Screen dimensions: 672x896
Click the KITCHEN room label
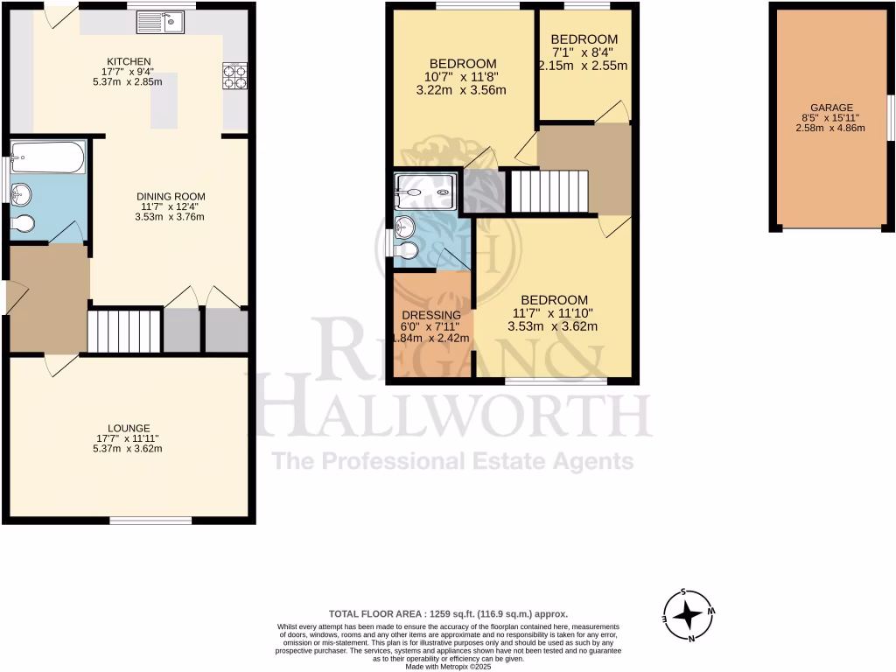tap(123, 61)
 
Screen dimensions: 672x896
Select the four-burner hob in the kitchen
tap(234, 76)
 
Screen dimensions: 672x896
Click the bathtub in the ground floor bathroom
tap(48, 158)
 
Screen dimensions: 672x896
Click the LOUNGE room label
tap(123, 428)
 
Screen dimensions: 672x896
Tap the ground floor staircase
tap(124, 331)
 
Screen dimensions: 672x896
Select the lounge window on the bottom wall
tap(150, 521)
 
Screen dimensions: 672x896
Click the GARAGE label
tap(829, 107)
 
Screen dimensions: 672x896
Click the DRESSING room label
tap(430, 315)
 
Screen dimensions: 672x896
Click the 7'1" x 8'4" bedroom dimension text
tap(584, 52)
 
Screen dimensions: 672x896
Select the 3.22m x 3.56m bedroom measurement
tap(463, 90)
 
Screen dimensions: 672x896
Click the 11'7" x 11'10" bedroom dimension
tap(552, 313)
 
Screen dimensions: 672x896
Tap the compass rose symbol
tap(689, 615)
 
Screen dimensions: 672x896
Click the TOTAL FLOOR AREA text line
tap(448, 614)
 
